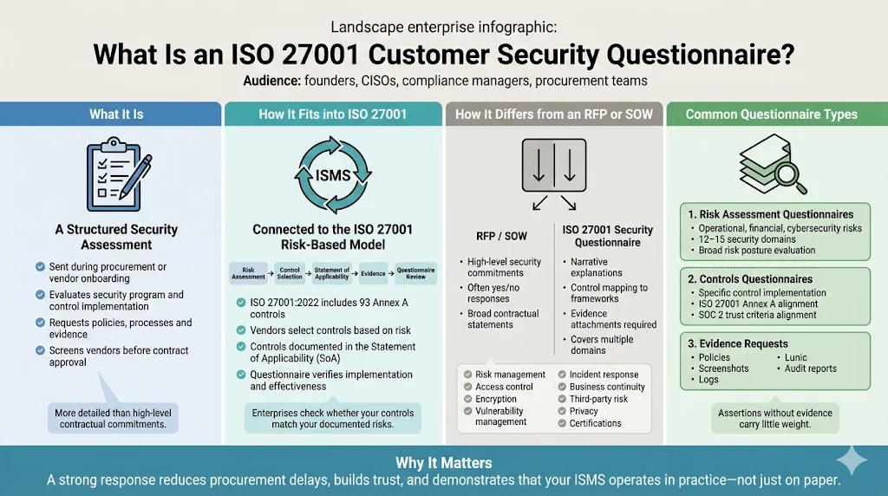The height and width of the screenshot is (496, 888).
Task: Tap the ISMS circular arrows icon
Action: click(x=333, y=174)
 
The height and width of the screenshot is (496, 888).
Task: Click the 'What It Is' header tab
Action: click(x=116, y=114)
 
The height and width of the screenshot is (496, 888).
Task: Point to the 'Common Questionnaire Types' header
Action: click(x=771, y=114)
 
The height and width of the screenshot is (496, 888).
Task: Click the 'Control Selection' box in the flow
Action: click(x=290, y=273)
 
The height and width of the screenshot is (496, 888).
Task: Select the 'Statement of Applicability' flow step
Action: click(x=332, y=273)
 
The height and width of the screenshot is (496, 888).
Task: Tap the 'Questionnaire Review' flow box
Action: click(x=415, y=273)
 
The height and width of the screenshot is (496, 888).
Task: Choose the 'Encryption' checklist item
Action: click(x=496, y=399)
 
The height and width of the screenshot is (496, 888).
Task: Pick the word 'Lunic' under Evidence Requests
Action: click(x=795, y=357)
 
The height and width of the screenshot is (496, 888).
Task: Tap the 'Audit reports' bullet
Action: click(x=810, y=369)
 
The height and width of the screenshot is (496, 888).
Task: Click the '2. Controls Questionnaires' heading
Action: click(x=750, y=279)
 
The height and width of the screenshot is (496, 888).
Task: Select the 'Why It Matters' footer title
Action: click(x=444, y=463)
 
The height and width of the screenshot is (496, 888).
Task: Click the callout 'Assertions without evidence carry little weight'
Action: click(x=774, y=418)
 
